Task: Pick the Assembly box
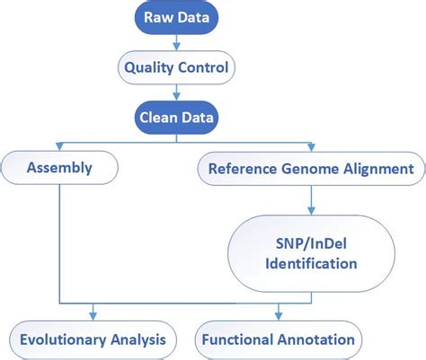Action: coord(59,167)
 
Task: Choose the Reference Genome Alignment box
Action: coord(311,167)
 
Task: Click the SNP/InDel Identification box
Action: coord(311,252)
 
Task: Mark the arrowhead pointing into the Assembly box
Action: coord(59,146)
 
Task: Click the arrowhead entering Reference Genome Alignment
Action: coord(311,146)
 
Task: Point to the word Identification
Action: coord(311,264)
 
